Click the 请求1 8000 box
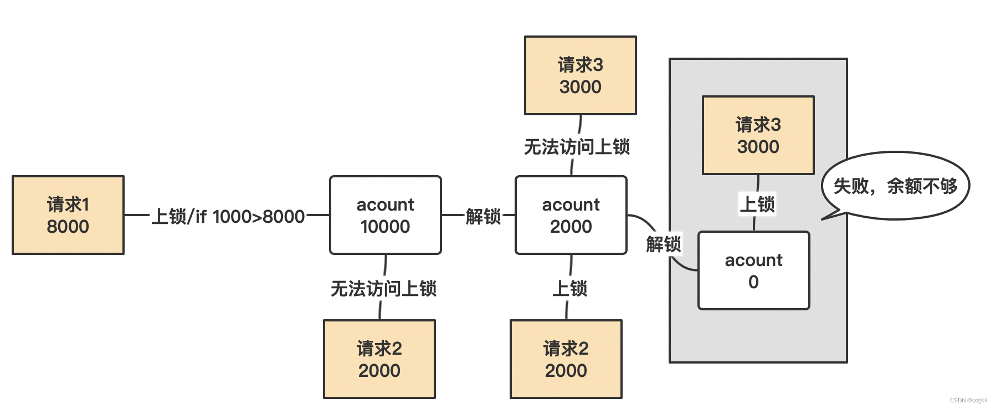[x=68, y=215]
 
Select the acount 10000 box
[x=386, y=215]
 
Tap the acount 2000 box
[x=571, y=215]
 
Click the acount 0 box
[x=753, y=270]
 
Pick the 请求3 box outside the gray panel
[x=580, y=75]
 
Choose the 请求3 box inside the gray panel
[x=758, y=135]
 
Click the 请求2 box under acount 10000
[x=379, y=359]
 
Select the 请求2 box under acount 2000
[x=566, y=359]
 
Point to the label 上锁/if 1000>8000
[x=228, y=216]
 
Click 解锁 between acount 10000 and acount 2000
[x=483, y=216]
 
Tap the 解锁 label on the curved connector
[x=663, y=244]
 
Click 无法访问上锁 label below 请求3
[x=577, y=147]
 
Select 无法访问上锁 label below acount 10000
[x=383, y=289]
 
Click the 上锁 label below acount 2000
[x=569, y=289]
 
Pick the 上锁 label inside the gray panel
[x=757, y=204]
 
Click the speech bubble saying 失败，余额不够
[x=895, y=186]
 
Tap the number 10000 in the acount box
[x=386, y=227]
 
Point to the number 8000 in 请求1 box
[x=68, y=227]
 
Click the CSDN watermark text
[x=968, y=400]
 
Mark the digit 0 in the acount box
[x=753, y=282]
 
